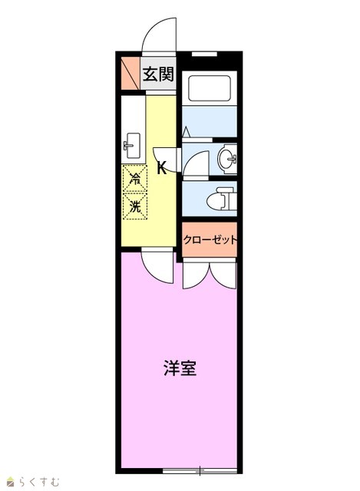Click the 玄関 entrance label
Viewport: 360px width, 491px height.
pyautogui.click(x=158, y=74)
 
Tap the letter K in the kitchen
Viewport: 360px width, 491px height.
pyautogui.click(x=161, y=168)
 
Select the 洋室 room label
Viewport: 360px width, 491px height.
pyautogui.click(x=180, y=368)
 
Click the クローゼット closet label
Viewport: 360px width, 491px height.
pyautogui.click(x=210, y=240)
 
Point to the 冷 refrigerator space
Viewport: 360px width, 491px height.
pyautogui.click(x=135, y=179)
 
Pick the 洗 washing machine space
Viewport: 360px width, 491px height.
pyautogui.click(x=135, y=206)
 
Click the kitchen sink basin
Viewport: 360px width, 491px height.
pyautogui.click(x=133, y=146)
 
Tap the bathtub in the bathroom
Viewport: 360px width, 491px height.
pyautogui.click(x=210, y=88)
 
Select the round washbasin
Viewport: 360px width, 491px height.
pyautogui.click(x=227, y=159)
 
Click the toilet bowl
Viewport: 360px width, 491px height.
pyautogui.click(x=221, y=199)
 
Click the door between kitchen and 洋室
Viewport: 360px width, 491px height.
pyautogui.click(x=157, y=265)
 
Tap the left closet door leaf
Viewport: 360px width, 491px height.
pyautogui.click(x=196, y=275)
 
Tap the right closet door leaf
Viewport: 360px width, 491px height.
pyautogui.click(x=223, y=275)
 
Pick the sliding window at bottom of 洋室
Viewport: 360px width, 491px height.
pyautogui.click(x=200, y=470)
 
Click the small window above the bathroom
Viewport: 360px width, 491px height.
pyautogui.click(x=204, y=54)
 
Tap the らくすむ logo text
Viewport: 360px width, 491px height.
pyautogui.click(x=39, y=481)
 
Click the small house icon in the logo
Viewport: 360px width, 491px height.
pyautogui.click(x=11, y=482)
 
